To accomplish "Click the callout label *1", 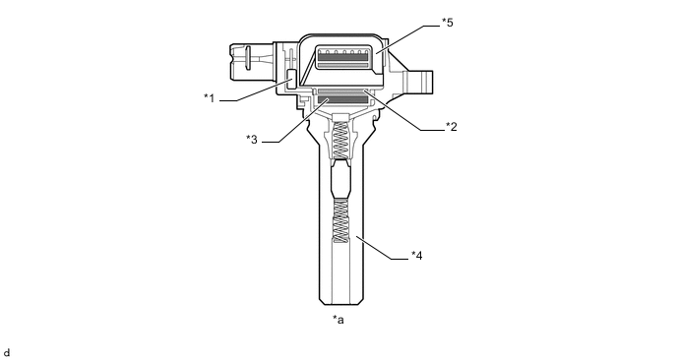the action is click(x=209, y=98).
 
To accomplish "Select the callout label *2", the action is click(x=452, y=127).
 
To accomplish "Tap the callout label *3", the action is click(x=252, y=140).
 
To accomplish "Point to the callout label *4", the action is click(x=416, y=256).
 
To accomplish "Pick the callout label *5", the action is click(x=448, y=23).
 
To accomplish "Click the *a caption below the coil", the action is click(x=338, y=320).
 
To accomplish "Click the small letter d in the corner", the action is click(x=6, y=353).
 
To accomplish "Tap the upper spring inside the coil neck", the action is click(x=341, y=140).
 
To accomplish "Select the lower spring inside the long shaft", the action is click(x=341, y=221).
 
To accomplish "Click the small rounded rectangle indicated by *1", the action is click(x=291, y=79).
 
